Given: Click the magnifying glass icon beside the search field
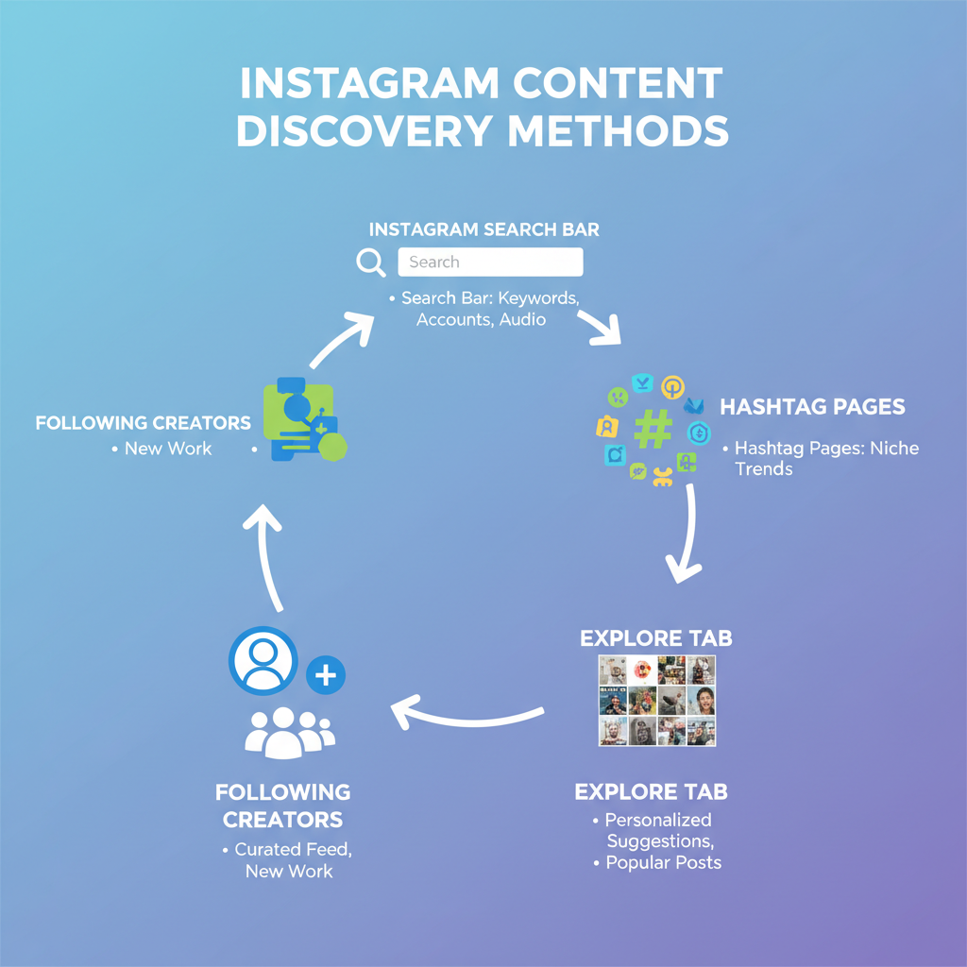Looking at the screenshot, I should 370,262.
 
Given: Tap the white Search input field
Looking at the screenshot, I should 490,262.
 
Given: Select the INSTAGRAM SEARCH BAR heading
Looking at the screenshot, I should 483,229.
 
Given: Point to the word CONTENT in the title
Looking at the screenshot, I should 618,83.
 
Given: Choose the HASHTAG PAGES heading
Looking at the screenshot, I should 812,407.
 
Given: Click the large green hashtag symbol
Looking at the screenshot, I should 653,430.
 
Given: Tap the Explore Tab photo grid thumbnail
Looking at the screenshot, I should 657,701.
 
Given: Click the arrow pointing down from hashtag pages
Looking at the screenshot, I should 687,538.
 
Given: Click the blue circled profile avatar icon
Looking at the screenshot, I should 263,659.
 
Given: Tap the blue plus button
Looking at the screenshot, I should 326,675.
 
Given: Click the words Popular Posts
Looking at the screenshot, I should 663,862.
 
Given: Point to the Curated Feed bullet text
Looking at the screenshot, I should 293,849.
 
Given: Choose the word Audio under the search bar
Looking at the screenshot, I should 523,319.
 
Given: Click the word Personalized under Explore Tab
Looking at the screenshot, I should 658,820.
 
